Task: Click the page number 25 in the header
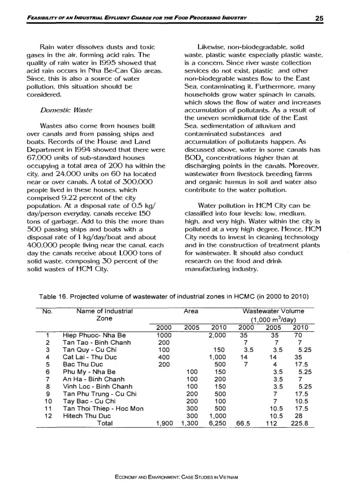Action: coord(318,19)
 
